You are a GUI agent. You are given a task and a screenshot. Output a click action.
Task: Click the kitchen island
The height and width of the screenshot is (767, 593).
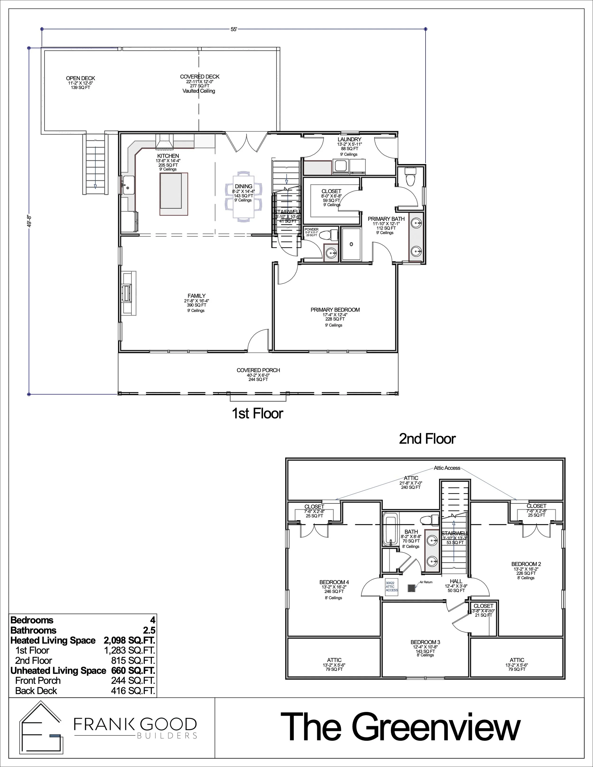click(174, 194)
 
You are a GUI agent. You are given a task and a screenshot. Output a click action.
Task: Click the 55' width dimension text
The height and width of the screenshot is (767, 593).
click(234, 29)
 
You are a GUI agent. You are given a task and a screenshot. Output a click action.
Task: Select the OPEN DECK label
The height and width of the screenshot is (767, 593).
click(80, 78)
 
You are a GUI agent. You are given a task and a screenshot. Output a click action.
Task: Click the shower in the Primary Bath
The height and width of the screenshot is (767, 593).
click(351, 244)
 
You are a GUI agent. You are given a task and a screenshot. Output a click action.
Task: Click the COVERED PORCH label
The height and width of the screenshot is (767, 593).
click(258, 370)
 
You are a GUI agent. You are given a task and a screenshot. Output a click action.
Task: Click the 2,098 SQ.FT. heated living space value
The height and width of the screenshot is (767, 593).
click(129, 640)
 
